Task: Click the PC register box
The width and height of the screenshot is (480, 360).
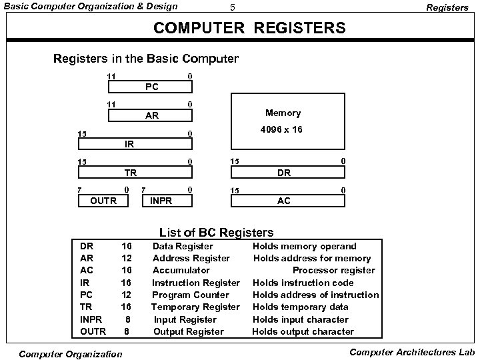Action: pos(152,87)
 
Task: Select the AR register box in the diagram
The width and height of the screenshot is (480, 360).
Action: pos(152,115)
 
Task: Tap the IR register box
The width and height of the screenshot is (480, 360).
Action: pos(135,143)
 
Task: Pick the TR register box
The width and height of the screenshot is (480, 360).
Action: pos(135,172)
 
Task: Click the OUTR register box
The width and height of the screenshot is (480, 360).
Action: pos(103,200)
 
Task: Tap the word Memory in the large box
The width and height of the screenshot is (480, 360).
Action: pos(283,113)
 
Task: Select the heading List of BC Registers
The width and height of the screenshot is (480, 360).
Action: pos(216,233)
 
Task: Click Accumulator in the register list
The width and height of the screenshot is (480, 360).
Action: pos(181,270)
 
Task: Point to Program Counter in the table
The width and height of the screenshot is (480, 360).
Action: pos(191,295)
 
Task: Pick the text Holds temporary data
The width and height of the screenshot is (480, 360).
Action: pos(300,307)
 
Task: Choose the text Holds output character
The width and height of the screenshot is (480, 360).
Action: pos(303,331)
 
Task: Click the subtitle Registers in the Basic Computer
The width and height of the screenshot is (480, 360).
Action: pos(145,59)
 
